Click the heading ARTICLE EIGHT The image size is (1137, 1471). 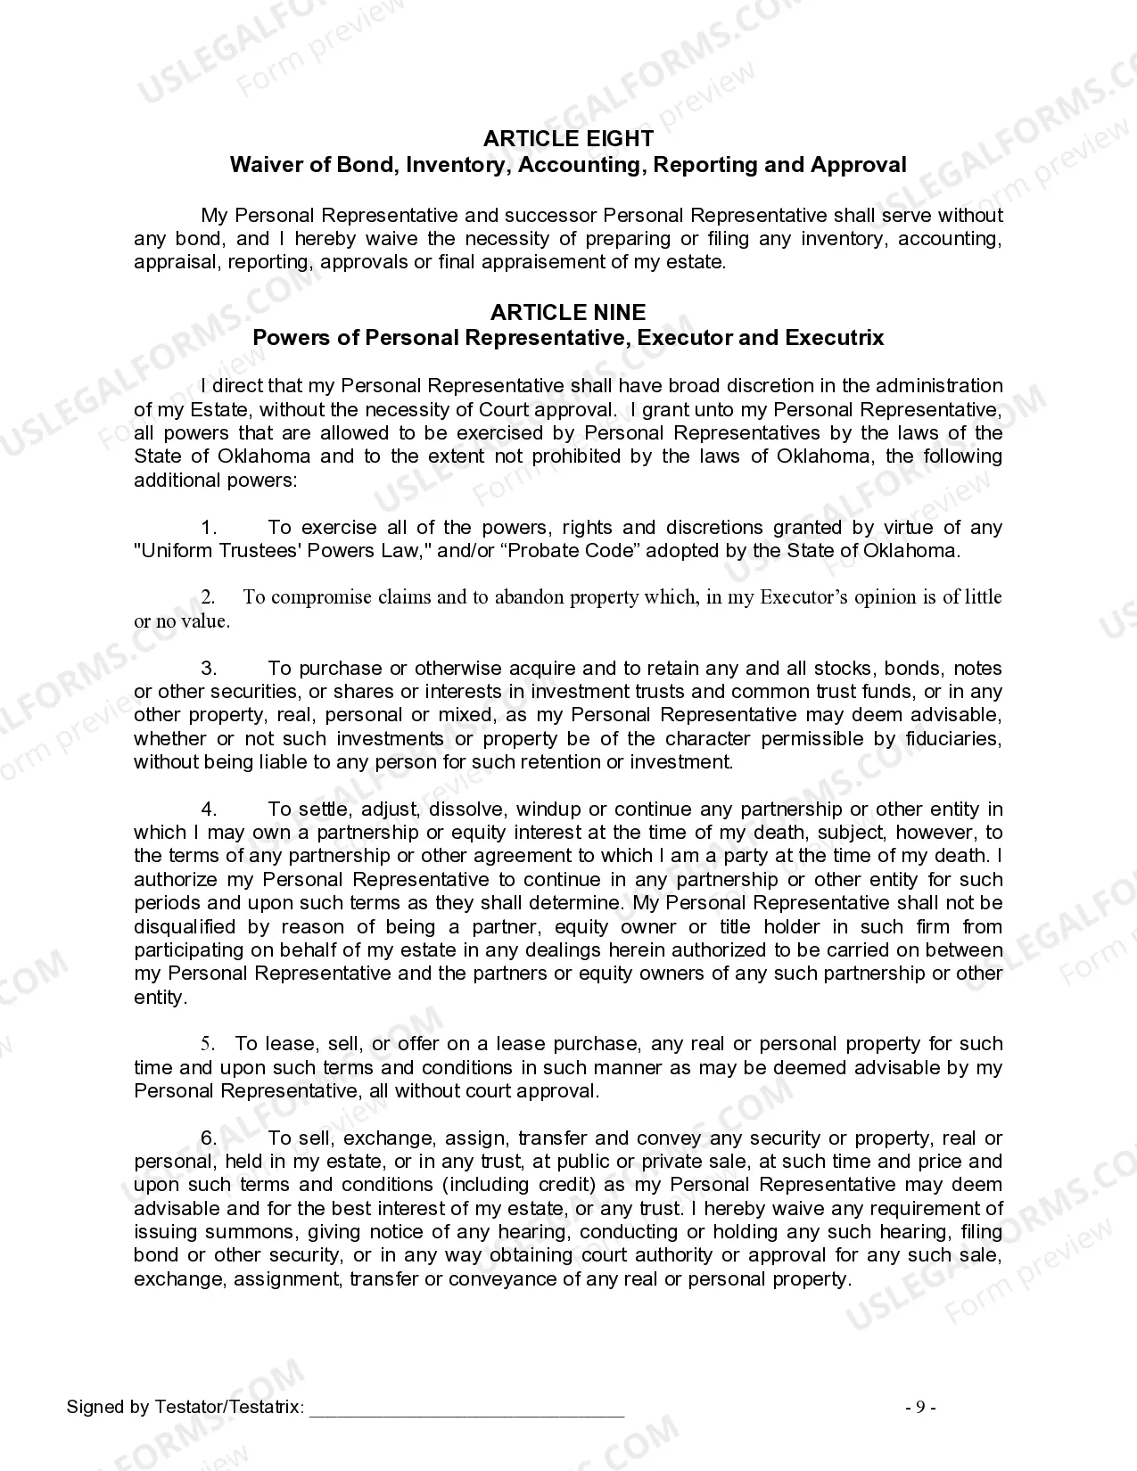click(x=568, y=139)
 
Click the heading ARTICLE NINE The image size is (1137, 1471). click(x=568, y=312)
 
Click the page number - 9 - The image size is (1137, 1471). click(x=920, y=1408)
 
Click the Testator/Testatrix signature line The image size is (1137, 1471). click(x=466, y=1409)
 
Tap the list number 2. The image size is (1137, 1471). click(x=208, y=597)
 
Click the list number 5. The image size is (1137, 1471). click(x=208, y=1044)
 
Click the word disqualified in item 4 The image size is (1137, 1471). click(x=185, y=927)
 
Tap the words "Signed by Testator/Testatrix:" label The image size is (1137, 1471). click(x=185, y=1408)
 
